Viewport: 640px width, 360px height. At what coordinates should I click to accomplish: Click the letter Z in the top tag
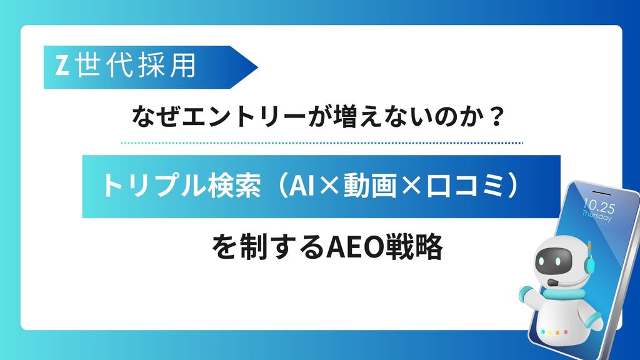tap(62, 66)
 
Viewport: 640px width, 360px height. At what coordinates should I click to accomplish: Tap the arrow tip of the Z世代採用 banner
tap(257, 67)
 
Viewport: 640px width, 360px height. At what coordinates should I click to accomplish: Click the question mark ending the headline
tap(496, 117)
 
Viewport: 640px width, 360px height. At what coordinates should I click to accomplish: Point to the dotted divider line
tap(322, 143)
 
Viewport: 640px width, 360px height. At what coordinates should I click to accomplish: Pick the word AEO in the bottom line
tap(354, 247)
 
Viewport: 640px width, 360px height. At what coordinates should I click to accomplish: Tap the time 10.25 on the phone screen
tap(598, 206)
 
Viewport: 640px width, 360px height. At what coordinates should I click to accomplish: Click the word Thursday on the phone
tap(597, 215)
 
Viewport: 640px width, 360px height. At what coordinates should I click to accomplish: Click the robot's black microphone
tap(552, 282)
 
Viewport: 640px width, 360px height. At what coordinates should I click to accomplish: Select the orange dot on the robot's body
tap(557, 333)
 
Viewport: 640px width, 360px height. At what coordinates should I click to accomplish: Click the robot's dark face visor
tap(553, 259)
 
